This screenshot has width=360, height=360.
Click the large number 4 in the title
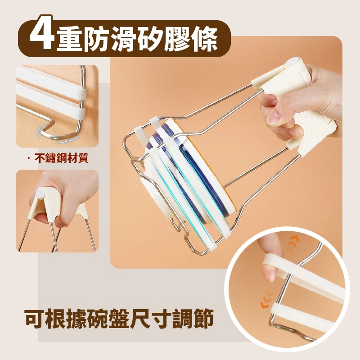[x=42, y=33]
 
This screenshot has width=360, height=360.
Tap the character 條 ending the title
[x=204, y=39]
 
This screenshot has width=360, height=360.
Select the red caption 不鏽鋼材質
[x=61, y=158]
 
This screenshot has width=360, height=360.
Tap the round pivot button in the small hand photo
[x=41, y=193]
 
